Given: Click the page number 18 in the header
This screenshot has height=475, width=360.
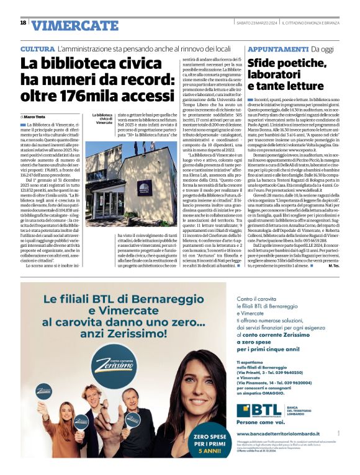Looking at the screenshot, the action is click(x=23, y=23).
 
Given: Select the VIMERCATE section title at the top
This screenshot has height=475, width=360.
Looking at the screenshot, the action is click(x=66, y=25).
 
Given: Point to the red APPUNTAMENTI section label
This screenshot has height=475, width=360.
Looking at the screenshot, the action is click(x=277, y=48).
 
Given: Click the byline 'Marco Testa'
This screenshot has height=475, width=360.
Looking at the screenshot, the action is click(x=37, y=117).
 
